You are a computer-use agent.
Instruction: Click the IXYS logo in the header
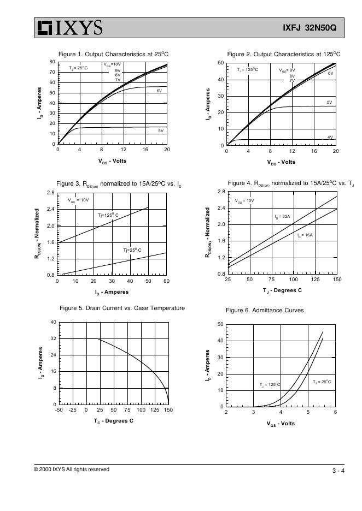click(x=69, y=27)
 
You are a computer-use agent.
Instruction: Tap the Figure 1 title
click(x=113, y=54)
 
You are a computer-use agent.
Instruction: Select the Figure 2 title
click(x=284, y=54)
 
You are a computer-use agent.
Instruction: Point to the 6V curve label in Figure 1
click(x=159, y=91)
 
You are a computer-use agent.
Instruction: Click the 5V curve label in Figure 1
click(x=161, y=131)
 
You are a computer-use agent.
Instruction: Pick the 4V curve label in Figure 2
click(x=330, y=138)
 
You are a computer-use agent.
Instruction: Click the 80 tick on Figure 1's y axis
click(x=52, y=62)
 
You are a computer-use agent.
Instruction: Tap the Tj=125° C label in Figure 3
click(x=108, y=215)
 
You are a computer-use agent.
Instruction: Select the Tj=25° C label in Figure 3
click(x=132, y=250)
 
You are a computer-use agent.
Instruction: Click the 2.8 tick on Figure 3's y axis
click(x=51, y=193)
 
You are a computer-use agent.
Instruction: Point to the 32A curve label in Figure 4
click(x=282, y=217)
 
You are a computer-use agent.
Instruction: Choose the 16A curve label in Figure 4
click(x=305, y=235)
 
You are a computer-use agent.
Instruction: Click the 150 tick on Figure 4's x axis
click(x=337, y=280)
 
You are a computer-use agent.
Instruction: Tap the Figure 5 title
click(x=122, y=308)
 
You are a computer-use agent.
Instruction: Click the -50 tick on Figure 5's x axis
click(x=59, y=409)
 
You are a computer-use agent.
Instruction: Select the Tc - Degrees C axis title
click(x=113, y=421)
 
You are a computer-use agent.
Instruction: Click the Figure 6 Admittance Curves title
click(x=265, y=310)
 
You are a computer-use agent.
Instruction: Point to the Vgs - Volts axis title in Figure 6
click(x=281, y=424)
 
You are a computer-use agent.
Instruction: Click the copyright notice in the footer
click(x=72, y=470)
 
